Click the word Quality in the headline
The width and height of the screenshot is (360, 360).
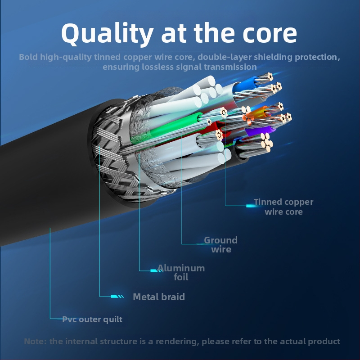(x=107, y=34)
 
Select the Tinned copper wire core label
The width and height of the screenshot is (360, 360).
(x=283, y=207)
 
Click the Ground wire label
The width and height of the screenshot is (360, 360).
(x=221, y=245)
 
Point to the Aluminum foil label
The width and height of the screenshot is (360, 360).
(x=181, y=273)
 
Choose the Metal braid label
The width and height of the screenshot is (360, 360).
(x=159, y=297)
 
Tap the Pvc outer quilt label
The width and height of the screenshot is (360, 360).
(x=92, y=319)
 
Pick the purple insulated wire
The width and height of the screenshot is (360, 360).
(x=260, y=132)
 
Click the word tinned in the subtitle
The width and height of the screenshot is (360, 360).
(x=108, y=57)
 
